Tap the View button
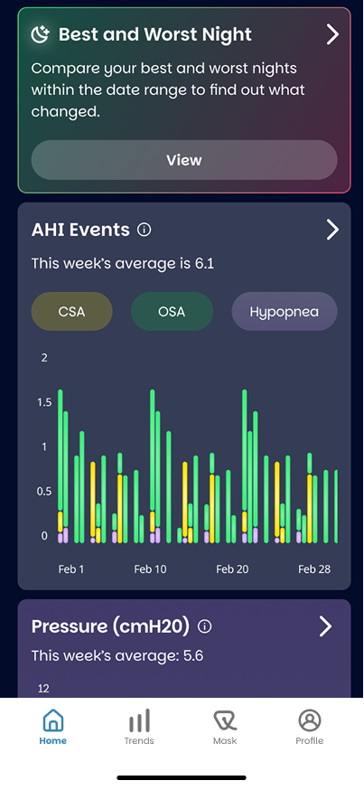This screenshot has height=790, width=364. point(184,160)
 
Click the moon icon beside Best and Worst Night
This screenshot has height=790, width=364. point(41,34)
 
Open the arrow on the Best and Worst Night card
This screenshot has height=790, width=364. point(332,34)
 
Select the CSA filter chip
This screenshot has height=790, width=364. point(72,311)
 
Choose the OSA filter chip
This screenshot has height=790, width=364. point(173,311)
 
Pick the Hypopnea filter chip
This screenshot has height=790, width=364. point(285,311)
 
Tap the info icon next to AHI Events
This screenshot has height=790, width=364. point(144,230)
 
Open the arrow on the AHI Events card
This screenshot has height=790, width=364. point(332,230)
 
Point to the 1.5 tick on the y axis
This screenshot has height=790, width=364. point(45,402)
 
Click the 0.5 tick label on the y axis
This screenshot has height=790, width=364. point(45,491)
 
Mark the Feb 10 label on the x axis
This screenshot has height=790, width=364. point(150,569)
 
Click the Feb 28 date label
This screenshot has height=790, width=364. point(314,569)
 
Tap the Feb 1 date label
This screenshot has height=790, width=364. point(71,569)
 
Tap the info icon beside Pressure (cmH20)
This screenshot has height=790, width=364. point(204,626)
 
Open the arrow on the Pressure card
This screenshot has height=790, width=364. point(326,626)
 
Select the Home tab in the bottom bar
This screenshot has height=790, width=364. point(53,727)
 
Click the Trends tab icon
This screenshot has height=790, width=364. point(139,720)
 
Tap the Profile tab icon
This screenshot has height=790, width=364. point(310,720)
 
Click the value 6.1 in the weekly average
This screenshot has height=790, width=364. point(204,264)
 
